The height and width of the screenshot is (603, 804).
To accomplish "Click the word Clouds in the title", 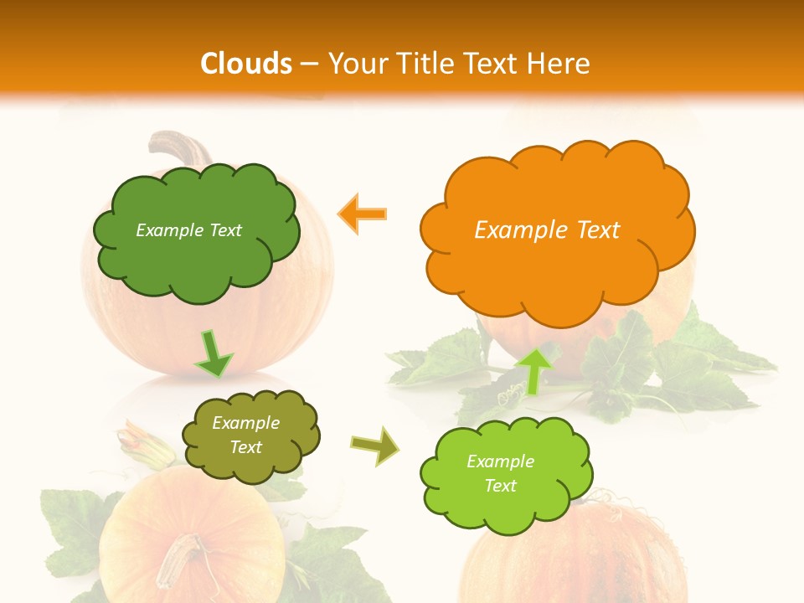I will pyautogui.click(x=245, y=64).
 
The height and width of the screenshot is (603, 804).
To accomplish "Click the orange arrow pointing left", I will pyautogui.click(x=363, y=214).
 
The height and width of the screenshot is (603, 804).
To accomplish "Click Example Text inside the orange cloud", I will pyautogui.click(x=547, y=230).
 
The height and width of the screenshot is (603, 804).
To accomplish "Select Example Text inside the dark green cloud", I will pyautogui.click(x=188, y=230).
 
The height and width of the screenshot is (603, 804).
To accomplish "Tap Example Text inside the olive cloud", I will pyautogui.click(x=245, y=435).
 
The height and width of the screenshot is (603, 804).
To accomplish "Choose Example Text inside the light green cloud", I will pyautogui.click(x=500, y=474).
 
